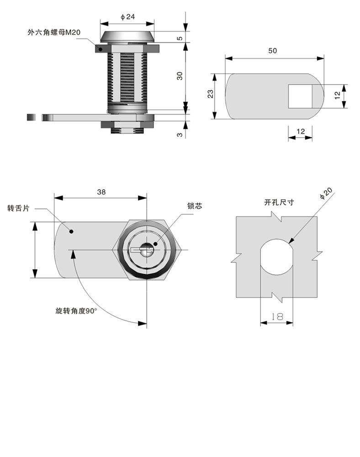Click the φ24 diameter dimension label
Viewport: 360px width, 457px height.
[x=127, y=17]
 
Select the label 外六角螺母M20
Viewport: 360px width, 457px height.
[x=54, y=32]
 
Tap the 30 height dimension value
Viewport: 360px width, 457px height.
[x=180, y=76]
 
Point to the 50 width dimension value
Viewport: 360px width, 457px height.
[x=273, y=51]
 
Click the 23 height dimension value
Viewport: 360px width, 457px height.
[x=211, y=94]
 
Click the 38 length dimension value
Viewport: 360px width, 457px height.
[x=101, y=192]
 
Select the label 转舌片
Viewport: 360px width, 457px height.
[x=18, y=208]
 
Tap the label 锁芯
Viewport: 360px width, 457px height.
[x=194, y=206]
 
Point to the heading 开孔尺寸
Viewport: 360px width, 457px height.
[x=279, y=202]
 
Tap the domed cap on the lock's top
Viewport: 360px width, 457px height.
[x=127, y=37]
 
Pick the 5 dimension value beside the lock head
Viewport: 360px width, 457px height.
[x=180, y=38]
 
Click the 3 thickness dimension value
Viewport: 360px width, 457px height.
[x=180, y=134]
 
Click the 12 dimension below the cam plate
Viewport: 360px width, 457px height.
[x=301, y=132]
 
